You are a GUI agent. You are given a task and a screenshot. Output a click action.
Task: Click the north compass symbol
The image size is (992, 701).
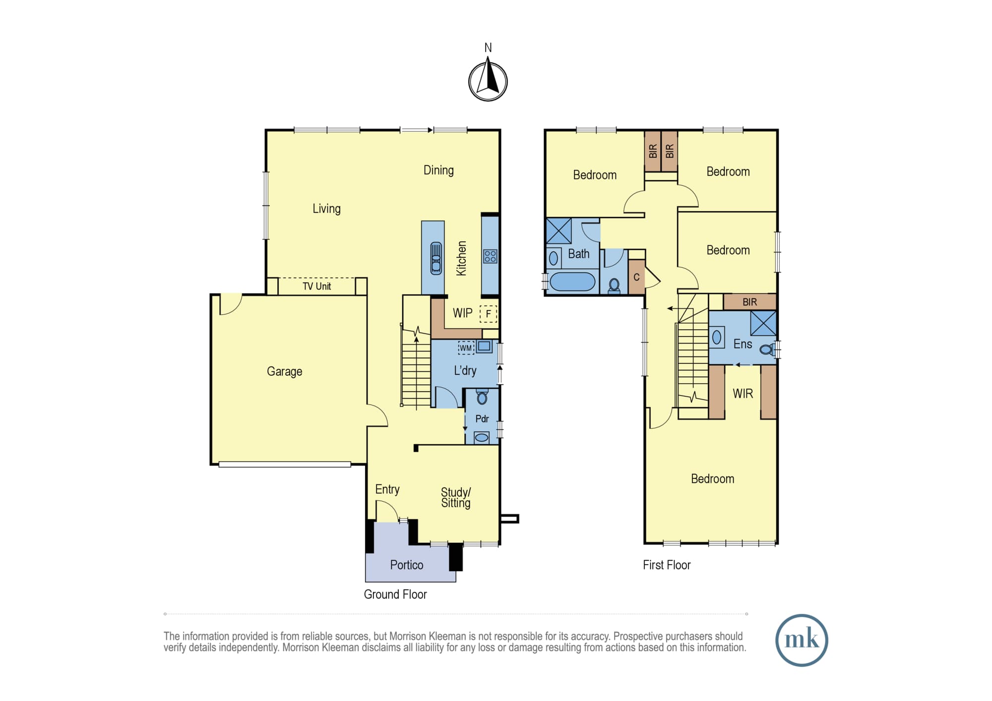488,81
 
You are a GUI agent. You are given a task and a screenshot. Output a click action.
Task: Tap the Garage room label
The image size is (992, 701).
284,371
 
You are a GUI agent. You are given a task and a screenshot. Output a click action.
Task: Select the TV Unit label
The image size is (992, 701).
316,286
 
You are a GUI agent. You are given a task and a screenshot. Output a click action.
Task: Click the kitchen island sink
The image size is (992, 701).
436,258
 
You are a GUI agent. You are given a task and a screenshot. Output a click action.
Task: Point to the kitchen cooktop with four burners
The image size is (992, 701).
490,256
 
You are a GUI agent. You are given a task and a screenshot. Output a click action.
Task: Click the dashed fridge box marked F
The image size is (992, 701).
488,313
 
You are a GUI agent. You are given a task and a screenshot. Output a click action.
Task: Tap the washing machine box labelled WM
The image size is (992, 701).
466,348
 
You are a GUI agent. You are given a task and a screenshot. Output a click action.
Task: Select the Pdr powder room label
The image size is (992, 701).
482,419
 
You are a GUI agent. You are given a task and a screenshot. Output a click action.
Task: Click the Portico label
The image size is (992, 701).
407,565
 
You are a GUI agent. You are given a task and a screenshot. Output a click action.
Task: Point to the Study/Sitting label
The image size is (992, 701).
456,497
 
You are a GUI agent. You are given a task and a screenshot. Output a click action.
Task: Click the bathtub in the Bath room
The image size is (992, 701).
572,282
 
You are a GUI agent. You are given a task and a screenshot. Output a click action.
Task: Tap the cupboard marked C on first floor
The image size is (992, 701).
636,277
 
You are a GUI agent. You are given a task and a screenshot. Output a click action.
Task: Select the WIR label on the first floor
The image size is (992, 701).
743,394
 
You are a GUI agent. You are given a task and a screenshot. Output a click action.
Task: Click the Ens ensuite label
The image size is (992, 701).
743,344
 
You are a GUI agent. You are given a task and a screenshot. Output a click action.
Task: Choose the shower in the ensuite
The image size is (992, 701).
763,323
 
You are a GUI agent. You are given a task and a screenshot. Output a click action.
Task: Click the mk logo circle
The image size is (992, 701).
802,640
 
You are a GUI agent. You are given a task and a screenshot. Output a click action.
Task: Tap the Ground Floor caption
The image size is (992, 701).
395,594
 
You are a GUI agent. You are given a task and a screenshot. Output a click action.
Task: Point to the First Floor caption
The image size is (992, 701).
667,565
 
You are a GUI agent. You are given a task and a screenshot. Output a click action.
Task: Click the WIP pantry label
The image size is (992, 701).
462,313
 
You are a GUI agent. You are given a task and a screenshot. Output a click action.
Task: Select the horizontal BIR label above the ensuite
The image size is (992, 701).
749,302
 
